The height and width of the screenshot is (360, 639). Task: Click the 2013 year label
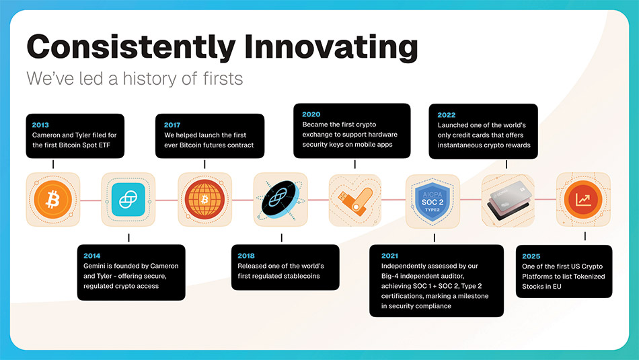coord(40,124)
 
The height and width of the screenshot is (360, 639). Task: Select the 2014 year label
coord(91,256)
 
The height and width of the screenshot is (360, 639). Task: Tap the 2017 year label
coord(172,124)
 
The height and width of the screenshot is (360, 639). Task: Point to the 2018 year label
coord(246,256)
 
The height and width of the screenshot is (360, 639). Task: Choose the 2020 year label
coord(311,114)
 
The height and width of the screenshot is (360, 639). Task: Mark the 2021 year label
coord(389,256)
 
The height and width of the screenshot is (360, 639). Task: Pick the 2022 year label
coord(446,115)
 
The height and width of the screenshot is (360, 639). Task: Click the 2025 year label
coord(531,256)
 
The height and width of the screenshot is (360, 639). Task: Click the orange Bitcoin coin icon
coord(53,200)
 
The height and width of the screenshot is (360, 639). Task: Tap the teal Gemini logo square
coord(128,200)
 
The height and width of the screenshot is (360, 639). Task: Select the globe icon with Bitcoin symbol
coord(204,199)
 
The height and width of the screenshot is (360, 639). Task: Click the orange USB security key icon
coord(356,201)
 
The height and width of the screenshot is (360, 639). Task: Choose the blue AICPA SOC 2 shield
coord(433,201)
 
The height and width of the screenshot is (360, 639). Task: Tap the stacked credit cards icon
coord(509,200)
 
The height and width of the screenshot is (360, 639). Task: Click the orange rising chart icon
coord(583,200)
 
